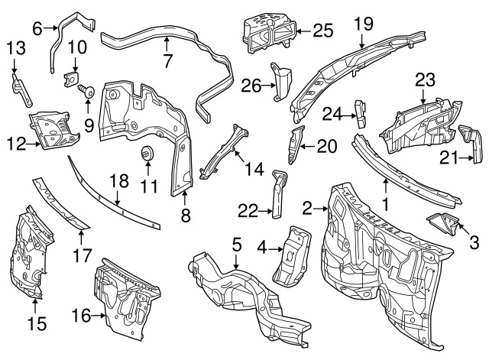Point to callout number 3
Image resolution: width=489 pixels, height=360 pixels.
[473, 243]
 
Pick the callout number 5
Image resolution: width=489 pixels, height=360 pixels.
[237, 245]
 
